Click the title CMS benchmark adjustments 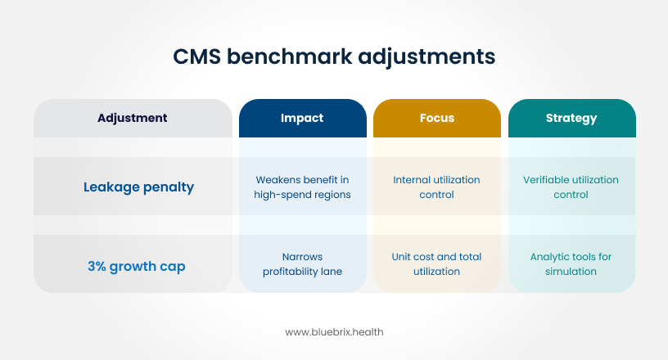(334, 57)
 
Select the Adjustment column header (132, 118)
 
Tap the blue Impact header (302, 118)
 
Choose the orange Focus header (436, 118)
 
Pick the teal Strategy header (571, 118)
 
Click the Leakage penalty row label (138, 187)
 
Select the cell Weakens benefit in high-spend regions (302, 187)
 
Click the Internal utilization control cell (436, 187)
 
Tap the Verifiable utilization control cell (571, 187)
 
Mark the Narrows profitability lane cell (302, 264)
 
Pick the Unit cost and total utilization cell (436, 264)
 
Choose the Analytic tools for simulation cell (571, 264)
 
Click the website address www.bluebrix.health (334, 332)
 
